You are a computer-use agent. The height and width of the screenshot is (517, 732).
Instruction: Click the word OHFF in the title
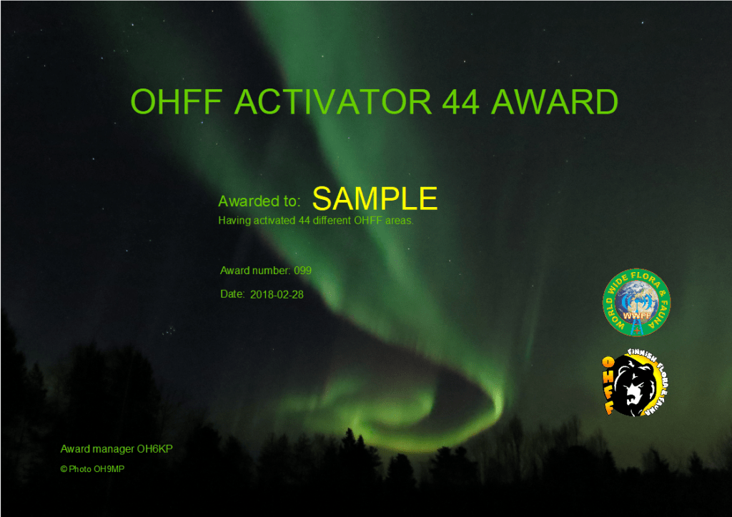click(176, 101)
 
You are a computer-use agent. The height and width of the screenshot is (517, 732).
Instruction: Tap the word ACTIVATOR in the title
click(333, 101)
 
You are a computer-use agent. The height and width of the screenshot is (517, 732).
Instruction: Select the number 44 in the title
click(461, 102)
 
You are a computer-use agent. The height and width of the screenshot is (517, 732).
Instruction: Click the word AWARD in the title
click(555, 101)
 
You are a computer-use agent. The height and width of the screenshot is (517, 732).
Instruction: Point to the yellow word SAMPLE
click(375, 199)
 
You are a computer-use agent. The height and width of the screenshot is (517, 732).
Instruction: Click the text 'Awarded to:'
click(259, 201)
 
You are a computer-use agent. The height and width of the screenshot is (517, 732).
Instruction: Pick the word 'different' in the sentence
click(332, 221)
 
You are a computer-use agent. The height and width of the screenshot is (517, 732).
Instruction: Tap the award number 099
click(302, 271)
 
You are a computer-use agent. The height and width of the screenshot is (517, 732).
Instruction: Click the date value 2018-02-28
click(277, 295)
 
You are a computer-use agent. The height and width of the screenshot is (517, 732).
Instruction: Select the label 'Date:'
click(232, 294)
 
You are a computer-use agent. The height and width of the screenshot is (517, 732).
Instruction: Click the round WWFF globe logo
click(636, 302)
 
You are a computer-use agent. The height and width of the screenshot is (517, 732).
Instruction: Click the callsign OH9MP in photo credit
click(109, 469)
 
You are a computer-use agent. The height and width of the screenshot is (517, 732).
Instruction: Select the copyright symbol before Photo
click(64, 469)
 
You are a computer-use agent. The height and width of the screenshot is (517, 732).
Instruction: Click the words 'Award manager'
click(91, 449)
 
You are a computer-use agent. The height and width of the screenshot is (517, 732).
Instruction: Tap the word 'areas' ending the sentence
click(399, 221)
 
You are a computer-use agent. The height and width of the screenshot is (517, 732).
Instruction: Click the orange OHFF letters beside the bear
click(608, 385)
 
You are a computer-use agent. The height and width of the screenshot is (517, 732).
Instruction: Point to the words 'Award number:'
click(255, 271)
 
